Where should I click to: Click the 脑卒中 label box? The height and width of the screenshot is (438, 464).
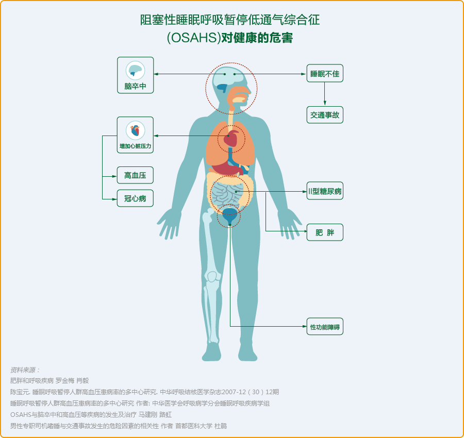[x=135, y=75]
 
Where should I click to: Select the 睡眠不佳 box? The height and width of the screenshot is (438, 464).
[x=325, y=73]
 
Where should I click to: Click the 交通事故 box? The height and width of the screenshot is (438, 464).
[x=325, y=115]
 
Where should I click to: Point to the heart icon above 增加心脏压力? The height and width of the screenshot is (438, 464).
[x=135, y=130]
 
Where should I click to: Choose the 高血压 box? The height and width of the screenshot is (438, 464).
[x=135, y=175]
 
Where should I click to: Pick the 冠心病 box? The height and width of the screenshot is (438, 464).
[x=135, y=198]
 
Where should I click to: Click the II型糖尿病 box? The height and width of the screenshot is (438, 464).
[x=325, y=191]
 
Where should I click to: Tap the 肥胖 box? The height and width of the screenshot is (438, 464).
[x=325, y=232]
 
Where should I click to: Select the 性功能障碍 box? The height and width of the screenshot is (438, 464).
[x=325, y=327]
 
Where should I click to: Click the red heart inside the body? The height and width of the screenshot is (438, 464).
[x=231, y=139]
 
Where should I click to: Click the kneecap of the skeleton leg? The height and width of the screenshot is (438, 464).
[x=212, y=277]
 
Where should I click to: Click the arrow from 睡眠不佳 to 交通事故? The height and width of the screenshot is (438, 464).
[x=325, y=94]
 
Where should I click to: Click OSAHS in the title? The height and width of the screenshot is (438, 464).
[x=194, y=38]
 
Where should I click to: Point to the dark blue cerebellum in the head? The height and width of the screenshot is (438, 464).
[x=222, y=88]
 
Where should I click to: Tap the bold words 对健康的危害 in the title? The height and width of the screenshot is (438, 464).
[x=257, y=38]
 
